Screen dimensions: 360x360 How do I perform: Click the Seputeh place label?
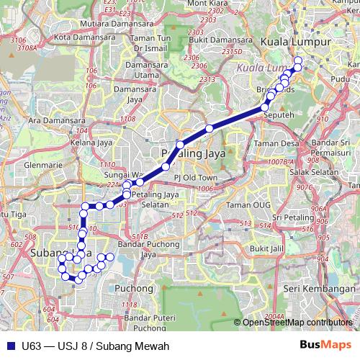coord(277,114)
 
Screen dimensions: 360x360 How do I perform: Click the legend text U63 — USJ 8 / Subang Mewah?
coord(91,345)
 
